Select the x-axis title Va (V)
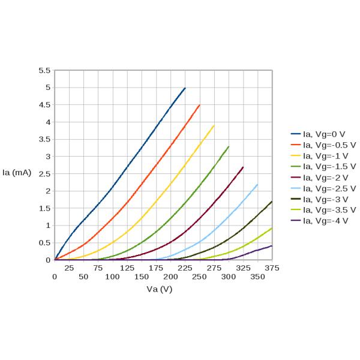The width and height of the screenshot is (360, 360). point(160,289)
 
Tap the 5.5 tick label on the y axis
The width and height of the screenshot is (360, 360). point(44,70)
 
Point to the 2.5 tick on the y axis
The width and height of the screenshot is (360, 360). point(44,174)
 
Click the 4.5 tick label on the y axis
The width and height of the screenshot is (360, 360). point(44,105)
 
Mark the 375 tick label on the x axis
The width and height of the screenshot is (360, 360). point(272,268)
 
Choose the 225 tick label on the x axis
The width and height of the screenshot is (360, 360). point(185,268)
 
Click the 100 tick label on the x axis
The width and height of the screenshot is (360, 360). point(112,277)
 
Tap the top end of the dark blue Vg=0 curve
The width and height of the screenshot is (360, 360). point(185,88)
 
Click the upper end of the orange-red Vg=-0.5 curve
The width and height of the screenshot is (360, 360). point(199,105)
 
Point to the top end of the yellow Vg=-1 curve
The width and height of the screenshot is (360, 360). point(214,125)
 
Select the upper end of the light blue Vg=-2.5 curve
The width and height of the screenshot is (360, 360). point(257,184)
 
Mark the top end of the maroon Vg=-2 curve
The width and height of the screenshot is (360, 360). point(243,167)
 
